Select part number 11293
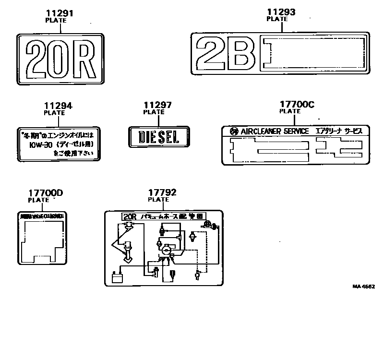281,12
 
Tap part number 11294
58,106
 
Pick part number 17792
162,193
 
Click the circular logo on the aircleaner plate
234,132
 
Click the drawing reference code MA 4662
363,287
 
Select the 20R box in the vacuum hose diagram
130,216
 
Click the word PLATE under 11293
277,19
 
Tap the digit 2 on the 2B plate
213,54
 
